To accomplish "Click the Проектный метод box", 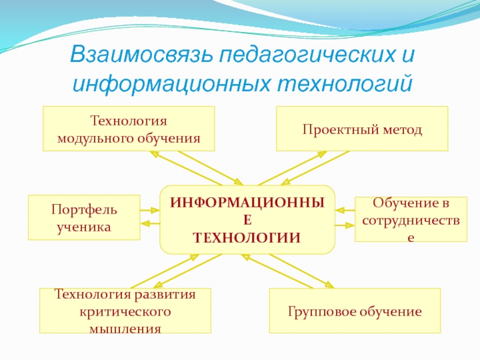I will click(361, 128).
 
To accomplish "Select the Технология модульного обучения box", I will click(128, 128).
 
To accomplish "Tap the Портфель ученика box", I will click(83, 217).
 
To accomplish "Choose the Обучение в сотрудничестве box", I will click(410, 219).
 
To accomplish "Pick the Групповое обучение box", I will click(354, 311).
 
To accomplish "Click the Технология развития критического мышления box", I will click(125, 311).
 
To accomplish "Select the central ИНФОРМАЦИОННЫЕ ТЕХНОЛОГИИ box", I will click(247, 219).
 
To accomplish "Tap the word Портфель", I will click(84, 211).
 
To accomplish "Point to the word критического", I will click(125, 312).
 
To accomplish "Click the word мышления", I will click(125, 329).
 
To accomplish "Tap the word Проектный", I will click(335, 129).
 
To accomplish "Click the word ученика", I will click(83, 227).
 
